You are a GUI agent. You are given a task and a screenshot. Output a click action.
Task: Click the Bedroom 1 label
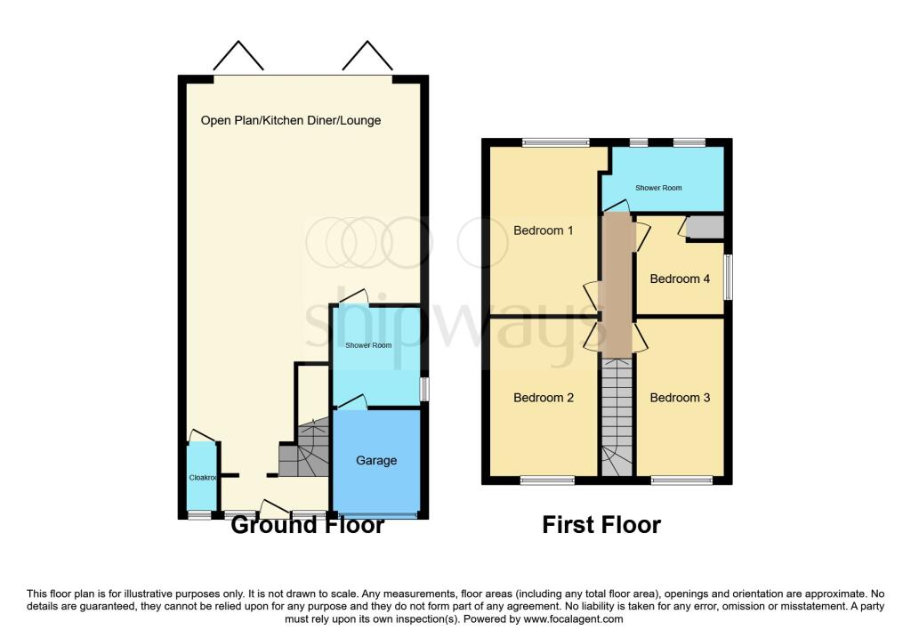click(543, 230)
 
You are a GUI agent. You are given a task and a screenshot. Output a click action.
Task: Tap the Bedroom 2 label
click(543, 398)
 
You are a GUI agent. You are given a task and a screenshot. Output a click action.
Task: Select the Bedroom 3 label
click(680, 398)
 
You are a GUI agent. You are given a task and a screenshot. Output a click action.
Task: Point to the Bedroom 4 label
click(680, 279)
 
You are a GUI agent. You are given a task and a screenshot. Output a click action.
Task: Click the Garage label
click(376, 460)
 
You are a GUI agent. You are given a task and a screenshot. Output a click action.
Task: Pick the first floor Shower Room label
click(658, 188)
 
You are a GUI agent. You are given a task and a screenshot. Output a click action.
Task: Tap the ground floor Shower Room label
click(368, 345)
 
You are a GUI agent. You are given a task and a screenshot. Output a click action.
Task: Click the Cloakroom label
click(203, 478)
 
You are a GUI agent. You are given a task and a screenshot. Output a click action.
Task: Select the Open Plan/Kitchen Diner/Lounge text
click(291, 120)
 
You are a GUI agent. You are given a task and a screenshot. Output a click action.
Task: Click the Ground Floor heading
click(307, 525)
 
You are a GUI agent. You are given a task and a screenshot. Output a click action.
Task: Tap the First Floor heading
click(601, 525)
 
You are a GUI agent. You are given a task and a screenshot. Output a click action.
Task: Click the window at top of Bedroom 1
click(555, 142)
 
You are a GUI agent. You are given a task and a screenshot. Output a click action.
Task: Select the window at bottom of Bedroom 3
click(681, 481)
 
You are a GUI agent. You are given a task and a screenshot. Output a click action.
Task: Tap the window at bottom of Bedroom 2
click(547, 481)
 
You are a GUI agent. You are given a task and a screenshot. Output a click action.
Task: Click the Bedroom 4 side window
click(728, 277)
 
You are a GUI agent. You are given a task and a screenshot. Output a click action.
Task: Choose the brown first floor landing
click(617, 285)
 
